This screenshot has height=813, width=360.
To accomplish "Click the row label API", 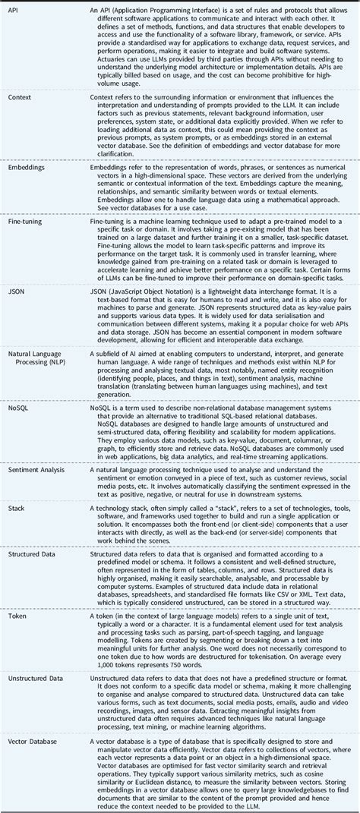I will pyautogui.click(x=14, y=10).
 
